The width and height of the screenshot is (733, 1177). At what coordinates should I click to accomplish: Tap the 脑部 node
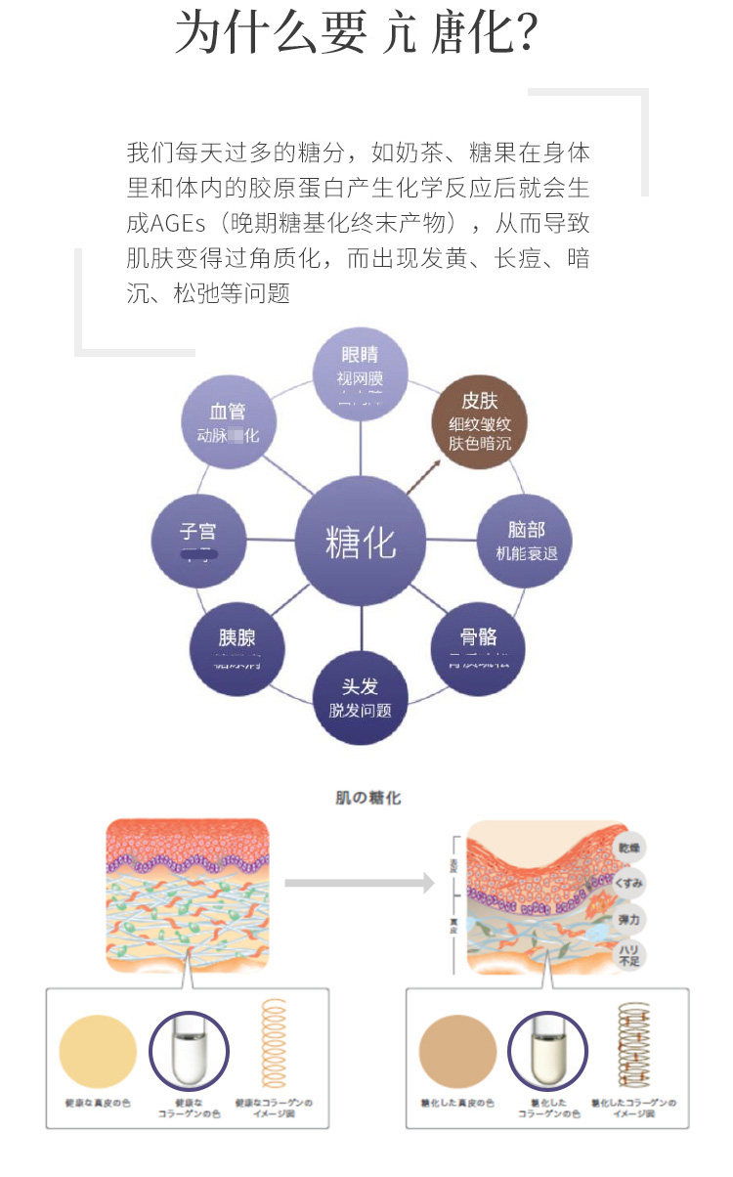tap(525, 541)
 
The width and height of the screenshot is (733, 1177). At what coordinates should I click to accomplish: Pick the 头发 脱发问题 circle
tap(360, 697)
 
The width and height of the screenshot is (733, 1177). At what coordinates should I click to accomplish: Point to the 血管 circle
tap(228, 422)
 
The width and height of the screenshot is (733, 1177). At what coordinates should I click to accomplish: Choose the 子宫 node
tap(198, 541)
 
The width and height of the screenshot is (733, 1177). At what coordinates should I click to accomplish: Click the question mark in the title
tap(523, 34)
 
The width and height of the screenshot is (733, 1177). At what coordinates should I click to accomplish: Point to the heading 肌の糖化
tap(366, 798)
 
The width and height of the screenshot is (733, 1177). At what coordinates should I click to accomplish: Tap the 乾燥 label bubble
tap(630, 847)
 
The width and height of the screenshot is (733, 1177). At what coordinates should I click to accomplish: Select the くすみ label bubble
tap(630, 884)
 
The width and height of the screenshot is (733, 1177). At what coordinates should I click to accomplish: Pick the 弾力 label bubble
tap(630, 920)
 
